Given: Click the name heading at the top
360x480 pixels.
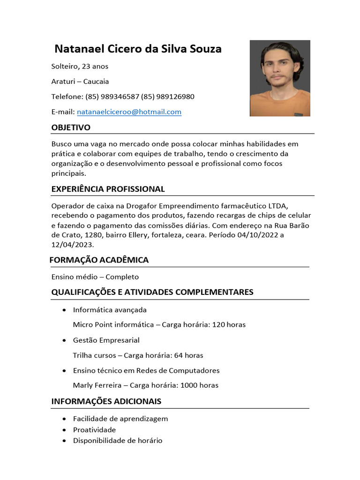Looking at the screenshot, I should click(x=138, y=49).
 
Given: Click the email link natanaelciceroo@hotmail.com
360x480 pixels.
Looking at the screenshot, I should click(x=129, y=112).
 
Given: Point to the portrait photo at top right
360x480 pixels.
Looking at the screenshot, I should click(x=280, y=78).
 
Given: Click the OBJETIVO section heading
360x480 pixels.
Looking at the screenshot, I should click(x=71, y=127).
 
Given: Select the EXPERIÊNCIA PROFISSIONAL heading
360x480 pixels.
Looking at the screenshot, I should click(x=108, y=189).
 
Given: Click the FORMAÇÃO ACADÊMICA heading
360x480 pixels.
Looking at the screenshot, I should click(x=99, y=260).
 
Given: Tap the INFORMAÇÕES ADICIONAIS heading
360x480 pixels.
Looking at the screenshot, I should click(x=106, y=401).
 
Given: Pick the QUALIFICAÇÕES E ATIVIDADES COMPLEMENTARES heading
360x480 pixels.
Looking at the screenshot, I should click(x=152, y=292).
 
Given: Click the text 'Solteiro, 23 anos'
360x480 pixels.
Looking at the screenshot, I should click(x=80, y=66).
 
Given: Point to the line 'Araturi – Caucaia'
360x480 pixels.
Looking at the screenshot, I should click(x=80, y=82).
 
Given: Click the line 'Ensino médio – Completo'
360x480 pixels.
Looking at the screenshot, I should click(x=95, y=277).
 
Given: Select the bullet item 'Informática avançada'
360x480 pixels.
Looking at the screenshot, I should click(x=110, y=310).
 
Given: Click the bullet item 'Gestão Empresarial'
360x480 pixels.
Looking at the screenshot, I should click(x=106, y=340).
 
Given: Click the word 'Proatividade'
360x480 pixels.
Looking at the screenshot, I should click(x=94, y=430).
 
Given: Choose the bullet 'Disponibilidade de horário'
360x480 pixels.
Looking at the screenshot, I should click(x=118, y=441).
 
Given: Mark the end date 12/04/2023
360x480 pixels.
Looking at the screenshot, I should click(x=72, y=245).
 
